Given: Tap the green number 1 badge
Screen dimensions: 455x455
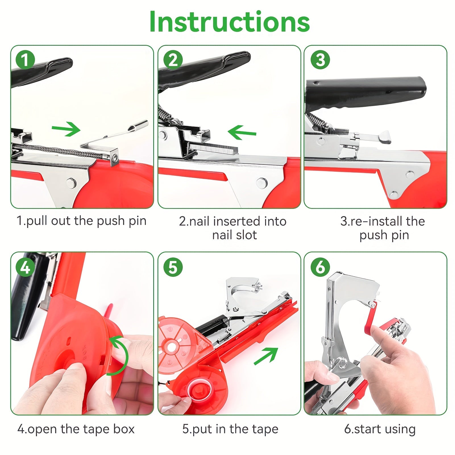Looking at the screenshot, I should pyautogui.click(x=25, y=60).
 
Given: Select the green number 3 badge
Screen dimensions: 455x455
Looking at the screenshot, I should pyautogui.click(x=320, y=60).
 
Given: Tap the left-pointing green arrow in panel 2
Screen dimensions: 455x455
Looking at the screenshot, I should pyautogui.click(x=242, y=132).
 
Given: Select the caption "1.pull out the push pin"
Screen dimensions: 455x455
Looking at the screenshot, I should pyautogui.click(x=82, y=221).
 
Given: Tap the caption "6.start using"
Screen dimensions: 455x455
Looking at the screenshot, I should pyautogui.click(x=380, y=429).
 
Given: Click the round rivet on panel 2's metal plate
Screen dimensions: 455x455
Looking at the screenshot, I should pyautogui.click(x=261, y=182).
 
